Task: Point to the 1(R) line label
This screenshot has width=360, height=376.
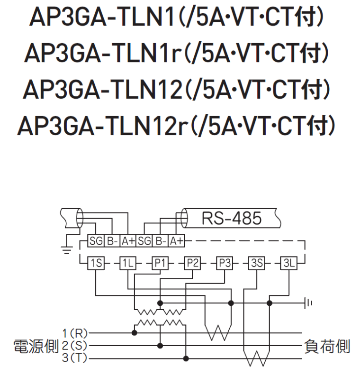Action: click(x=74, y=332)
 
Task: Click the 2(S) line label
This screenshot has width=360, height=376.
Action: click(x=74, y=345)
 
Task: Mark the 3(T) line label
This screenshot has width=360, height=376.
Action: click(x=74, y=358)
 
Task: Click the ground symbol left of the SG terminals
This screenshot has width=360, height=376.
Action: click(x=67, y=247)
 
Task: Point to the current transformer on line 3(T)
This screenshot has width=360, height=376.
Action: click(x=256, y=358)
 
